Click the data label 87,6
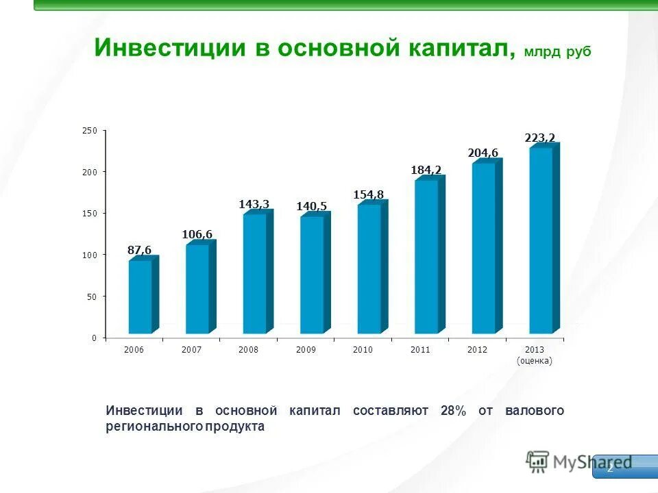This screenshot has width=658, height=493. point(139,251)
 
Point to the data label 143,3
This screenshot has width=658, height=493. point(254,204)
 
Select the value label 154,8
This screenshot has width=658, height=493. point(368,195)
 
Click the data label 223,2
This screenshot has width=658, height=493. point(539,138)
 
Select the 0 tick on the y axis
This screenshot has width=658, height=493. point(94,338)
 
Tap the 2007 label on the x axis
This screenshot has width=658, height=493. point(191,350)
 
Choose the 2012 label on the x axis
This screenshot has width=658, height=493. point(477,350)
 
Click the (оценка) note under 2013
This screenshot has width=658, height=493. point(534,361)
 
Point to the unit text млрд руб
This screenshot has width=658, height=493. point(557,52)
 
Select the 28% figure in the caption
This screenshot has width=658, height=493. point(453,411)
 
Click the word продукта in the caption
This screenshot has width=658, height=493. point(235,426)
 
